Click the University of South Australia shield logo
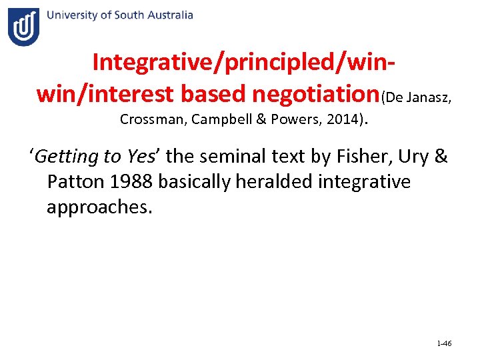coord(23,27)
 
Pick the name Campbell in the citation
coord(209,121)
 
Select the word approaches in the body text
coord(99,207)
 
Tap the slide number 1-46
coord(444,344)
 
